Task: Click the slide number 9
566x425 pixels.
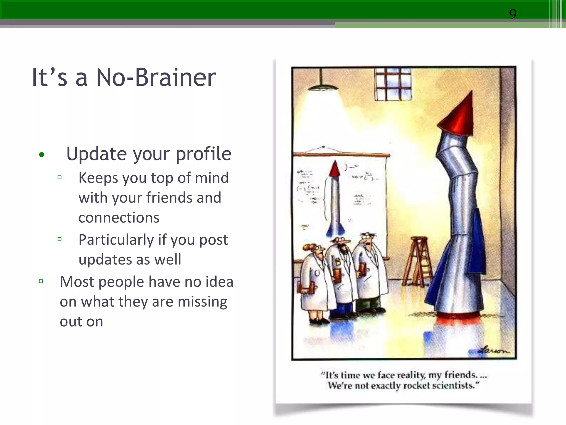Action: (513, 14)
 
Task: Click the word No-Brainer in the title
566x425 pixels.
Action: (156, 77)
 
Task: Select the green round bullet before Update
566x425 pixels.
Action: (42, 155)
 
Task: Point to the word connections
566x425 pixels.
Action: (119, 218)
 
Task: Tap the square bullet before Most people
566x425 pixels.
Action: (41, 282)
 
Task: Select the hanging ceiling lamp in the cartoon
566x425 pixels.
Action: (322, 84)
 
